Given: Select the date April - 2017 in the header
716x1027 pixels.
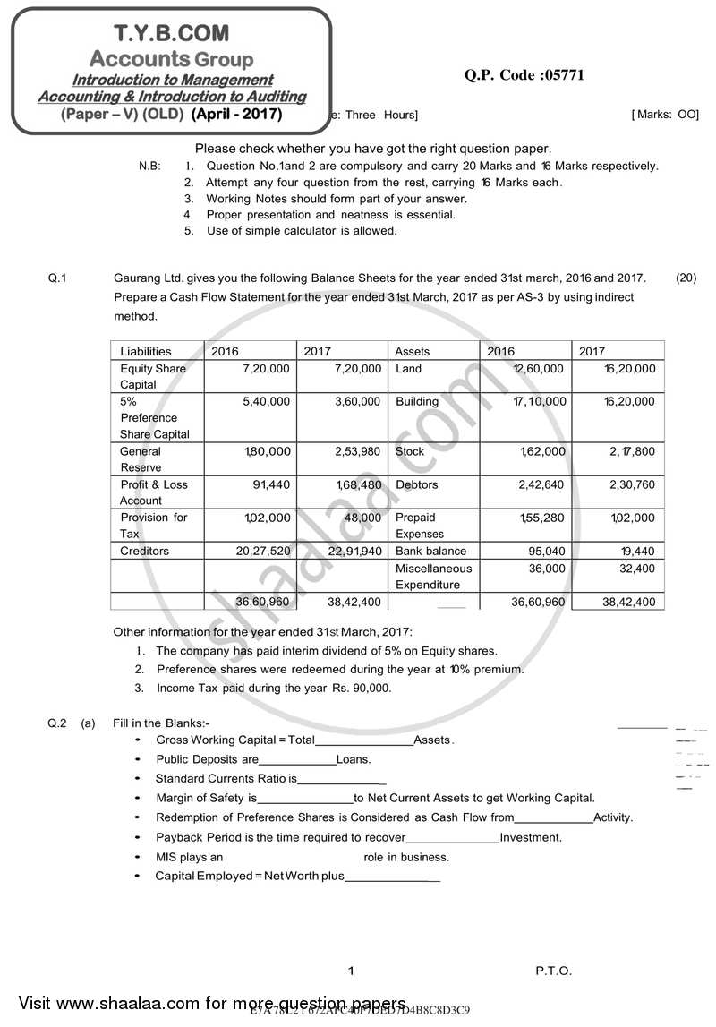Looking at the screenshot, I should tap(237, 114).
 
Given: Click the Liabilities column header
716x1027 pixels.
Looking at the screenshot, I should tap(145, 352).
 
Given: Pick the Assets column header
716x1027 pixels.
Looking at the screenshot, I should tap(413, 352).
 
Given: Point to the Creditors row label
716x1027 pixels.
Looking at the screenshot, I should tap(144, 551).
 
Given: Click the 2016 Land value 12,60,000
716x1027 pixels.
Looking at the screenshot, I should tap(538, 368).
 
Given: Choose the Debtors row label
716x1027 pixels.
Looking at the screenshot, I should tap(417, 484).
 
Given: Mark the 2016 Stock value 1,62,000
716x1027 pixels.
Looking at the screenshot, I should tap(542, 451).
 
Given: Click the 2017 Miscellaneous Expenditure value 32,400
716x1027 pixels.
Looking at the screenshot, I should tap(636, 568).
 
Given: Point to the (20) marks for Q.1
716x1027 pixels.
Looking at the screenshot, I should tap(686, 278).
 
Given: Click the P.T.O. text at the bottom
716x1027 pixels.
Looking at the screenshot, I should tap(553, 971).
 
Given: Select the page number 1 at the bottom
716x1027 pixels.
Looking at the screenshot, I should tap(352, 971).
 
